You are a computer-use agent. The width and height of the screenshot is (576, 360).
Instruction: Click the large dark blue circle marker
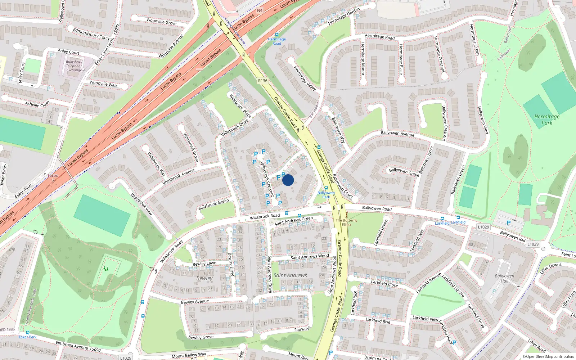coord(288,180)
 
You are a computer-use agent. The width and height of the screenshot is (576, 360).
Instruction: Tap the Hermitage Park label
coord(547,120)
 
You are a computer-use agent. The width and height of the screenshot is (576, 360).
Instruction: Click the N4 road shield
coord(260,10)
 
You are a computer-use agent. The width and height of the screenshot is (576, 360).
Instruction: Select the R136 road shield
coord(263,81)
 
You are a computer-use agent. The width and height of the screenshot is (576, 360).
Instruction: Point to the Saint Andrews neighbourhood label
coord(290,275)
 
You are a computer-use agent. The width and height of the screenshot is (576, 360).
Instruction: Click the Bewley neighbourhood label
coord(204,278)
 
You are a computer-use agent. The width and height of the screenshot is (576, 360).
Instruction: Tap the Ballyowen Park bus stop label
coord(326,195)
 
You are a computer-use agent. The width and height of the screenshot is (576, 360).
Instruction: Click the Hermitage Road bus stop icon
coord(276,35)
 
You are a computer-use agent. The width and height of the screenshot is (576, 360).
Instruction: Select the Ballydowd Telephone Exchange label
coord(75,66)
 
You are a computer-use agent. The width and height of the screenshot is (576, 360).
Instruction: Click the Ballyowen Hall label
coord(504,278)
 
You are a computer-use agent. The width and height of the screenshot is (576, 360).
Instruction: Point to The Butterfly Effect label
coord(347,222)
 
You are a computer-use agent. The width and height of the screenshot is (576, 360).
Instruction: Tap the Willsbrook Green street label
coord(213,204)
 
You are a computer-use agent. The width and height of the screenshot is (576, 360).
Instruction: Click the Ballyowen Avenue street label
coord(397,134)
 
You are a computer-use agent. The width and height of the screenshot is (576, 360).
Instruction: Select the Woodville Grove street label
coord(161,22)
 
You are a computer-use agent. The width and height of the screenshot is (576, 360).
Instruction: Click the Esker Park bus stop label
coord(28,337)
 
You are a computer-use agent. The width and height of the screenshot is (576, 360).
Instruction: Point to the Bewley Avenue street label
coord(195,302)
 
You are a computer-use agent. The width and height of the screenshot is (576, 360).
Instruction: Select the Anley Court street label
coord(68,52)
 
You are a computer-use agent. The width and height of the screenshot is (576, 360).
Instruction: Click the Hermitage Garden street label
coord(344,17)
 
